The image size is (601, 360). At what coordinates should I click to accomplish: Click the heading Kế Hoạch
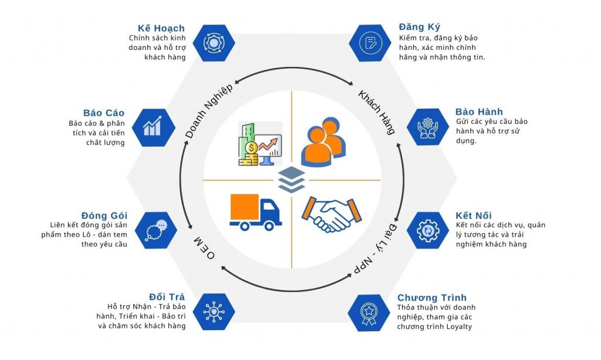pos(161,28)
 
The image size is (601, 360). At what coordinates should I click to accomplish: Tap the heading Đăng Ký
pos(419,27)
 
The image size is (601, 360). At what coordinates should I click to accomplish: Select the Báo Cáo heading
pos(104,113)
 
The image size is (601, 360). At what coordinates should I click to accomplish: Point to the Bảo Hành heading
pos(479,112)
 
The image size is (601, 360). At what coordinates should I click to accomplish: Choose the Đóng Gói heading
pos(104,215)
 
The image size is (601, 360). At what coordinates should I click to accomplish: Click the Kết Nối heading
pos(474,215)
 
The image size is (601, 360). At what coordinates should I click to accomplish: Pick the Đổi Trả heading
pos(167,297)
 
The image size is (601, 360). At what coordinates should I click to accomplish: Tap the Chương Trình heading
pos(432,298)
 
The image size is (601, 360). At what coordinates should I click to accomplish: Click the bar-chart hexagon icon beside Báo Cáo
pos(154,127)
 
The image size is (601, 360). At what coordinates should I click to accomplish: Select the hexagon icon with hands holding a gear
pos(428,127)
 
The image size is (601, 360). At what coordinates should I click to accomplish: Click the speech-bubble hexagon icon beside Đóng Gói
pos(156,230)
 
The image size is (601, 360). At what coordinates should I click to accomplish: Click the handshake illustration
pos(332,214)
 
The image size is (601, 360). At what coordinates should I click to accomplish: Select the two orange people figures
pos(323,142)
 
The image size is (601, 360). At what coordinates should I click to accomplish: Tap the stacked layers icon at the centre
pos(292,180)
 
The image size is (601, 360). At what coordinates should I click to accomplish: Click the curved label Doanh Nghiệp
pos(209,111)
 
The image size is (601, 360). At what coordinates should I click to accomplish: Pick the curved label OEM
pos(204,248)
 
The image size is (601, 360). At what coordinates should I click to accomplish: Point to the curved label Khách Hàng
pos(376,112)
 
